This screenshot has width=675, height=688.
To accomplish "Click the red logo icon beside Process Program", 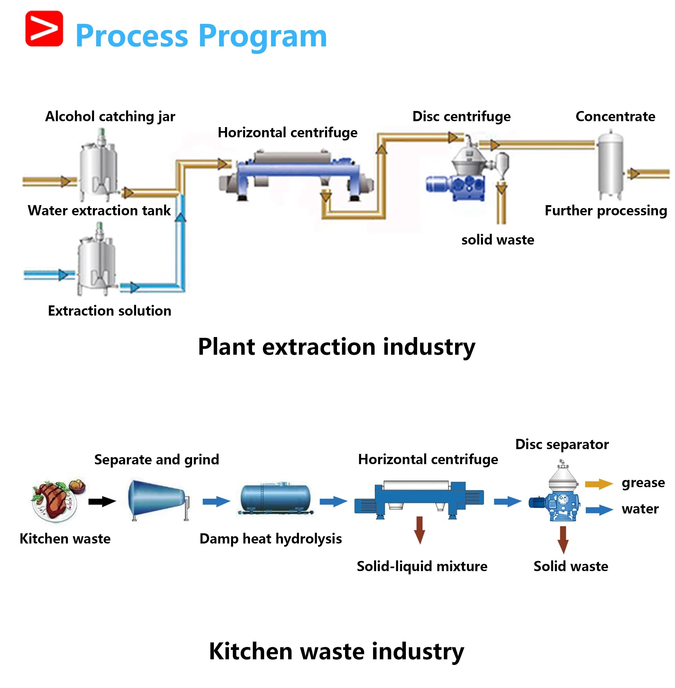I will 44,29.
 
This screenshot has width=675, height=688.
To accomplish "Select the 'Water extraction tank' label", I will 99,210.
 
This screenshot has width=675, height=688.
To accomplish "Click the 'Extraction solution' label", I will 110,311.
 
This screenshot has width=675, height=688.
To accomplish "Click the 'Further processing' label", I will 606,210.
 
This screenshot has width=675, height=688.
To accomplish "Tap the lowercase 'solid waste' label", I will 497,240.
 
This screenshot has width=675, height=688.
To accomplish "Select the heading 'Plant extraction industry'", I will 336,347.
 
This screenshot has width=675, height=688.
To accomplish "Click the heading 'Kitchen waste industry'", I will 336,652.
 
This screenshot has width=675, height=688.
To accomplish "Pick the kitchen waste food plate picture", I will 58,501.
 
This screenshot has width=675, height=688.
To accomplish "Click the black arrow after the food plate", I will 102,501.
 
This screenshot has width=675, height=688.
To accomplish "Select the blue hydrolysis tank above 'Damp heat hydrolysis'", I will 275,498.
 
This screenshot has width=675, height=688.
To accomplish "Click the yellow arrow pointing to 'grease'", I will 598,484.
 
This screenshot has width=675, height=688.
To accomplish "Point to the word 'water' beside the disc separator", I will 640,509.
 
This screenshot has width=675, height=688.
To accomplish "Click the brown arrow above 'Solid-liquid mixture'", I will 420,530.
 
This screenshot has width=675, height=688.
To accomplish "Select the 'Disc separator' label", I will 562,444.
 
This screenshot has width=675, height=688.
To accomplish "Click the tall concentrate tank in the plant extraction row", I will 610,165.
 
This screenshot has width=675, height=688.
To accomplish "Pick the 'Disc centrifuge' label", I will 461,116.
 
